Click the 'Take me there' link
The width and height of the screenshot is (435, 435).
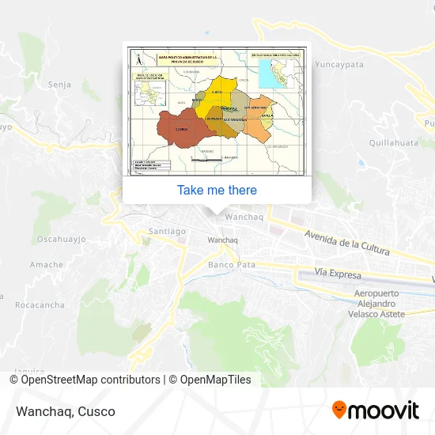pyautogui.click(x=217, y=190)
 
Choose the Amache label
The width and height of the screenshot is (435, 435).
pyautogui.click(x=47, y=265)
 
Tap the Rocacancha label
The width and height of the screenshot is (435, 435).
pyautogui.click(x=39, y=304)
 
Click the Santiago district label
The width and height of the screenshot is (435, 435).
pyautogui.click(x=167, y=232)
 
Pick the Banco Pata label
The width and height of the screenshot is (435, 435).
pyautogui.click(x=232, y=265)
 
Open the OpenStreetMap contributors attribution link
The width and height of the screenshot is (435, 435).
pyautogui.click(x=85, y=380)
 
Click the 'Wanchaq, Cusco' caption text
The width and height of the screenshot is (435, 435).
pyautogui.click(x=64, y=411)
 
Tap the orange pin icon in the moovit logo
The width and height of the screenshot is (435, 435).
pyautogui.click(x=339, y=410)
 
